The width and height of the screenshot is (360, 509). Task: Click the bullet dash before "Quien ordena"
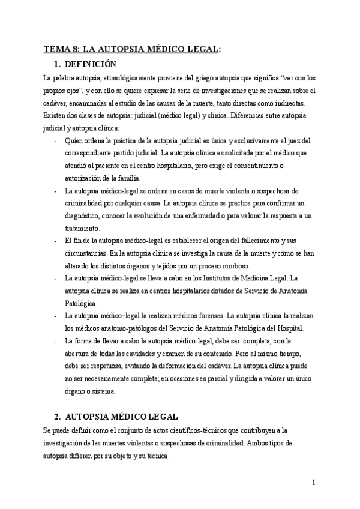[55, 141]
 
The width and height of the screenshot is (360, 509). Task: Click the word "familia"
[127, 178]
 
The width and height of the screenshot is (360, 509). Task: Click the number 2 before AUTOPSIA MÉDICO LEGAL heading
[57, 416]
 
